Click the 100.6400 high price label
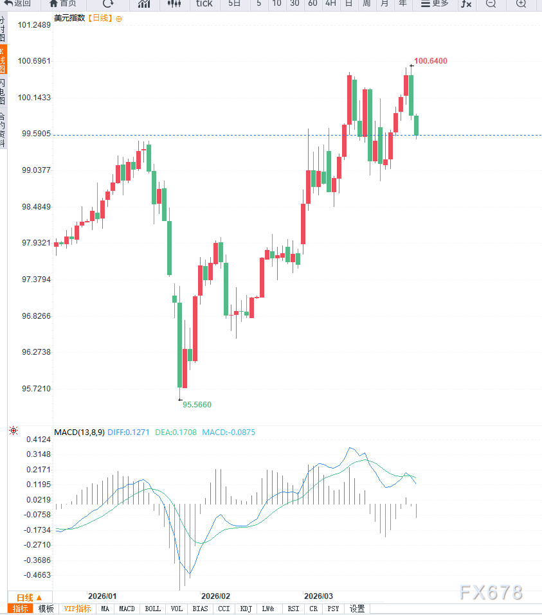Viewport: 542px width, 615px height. click(x=431, y=61)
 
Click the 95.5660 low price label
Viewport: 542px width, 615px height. click(x=197, y=405)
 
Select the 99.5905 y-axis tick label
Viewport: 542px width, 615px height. click(x=35, y=134)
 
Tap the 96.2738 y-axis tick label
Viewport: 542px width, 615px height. click(x=35, y=352)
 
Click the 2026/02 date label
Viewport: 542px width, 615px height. click(x=216, y=596)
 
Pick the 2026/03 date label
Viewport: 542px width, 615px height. click(x=319, y=596)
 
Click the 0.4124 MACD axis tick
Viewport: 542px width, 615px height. click(x=39, y=439)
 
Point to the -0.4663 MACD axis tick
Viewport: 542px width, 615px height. click(x=38, y=575)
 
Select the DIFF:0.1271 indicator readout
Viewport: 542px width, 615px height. click(x=127, y=432)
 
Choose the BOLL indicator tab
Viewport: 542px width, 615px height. click(x=153, y=609)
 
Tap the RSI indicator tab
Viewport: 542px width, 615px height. click(x=293, y=609)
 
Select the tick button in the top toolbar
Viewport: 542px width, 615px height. click(x=204, y=4)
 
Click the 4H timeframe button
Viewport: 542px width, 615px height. click(x=330, y=4)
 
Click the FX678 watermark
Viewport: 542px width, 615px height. click(x=491, y=593)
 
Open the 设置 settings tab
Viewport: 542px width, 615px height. click(x=357, y=609)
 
